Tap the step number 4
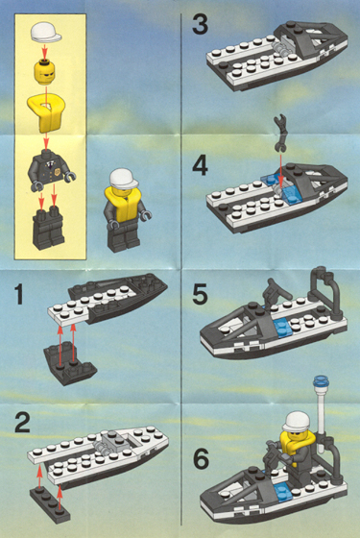[x=200, y=165]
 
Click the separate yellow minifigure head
[x=47, y=71]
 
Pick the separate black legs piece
[x=46, y=228]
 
